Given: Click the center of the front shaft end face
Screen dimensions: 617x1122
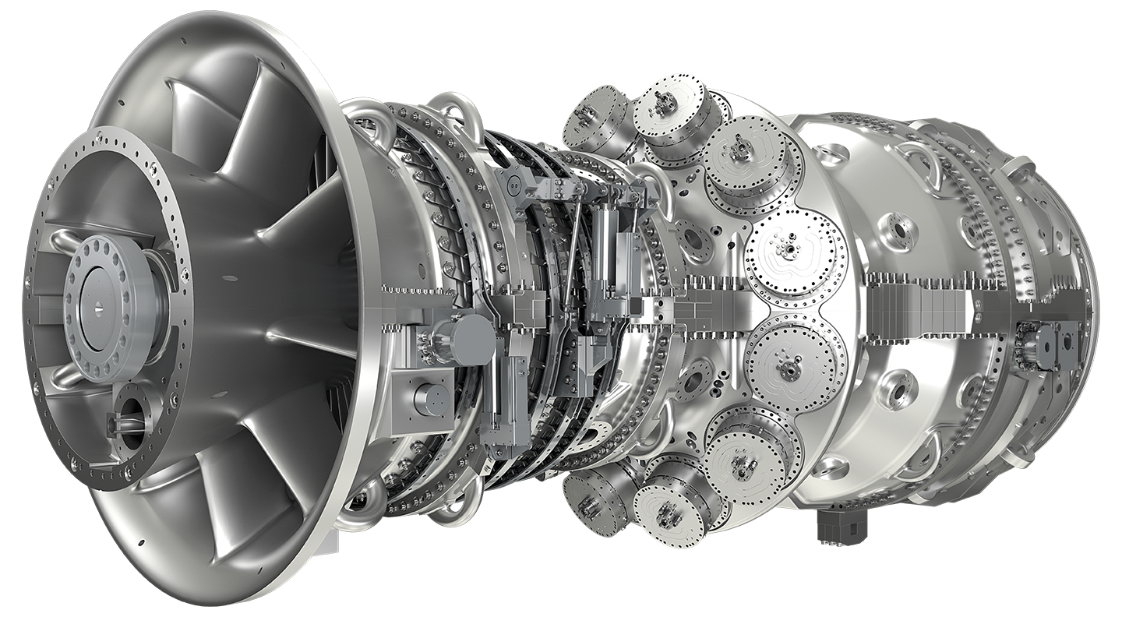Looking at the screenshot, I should pos(102,308).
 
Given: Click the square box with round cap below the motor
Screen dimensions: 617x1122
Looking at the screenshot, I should pos(425,399).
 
